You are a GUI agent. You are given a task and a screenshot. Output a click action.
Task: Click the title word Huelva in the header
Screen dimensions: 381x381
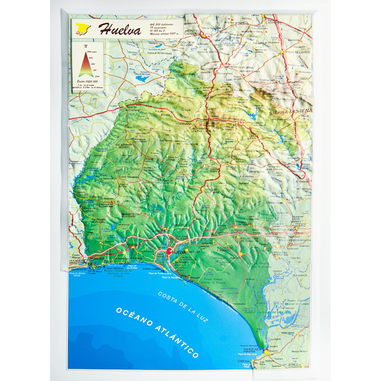120,29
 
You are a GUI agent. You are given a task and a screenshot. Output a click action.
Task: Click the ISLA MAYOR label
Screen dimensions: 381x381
301,275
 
